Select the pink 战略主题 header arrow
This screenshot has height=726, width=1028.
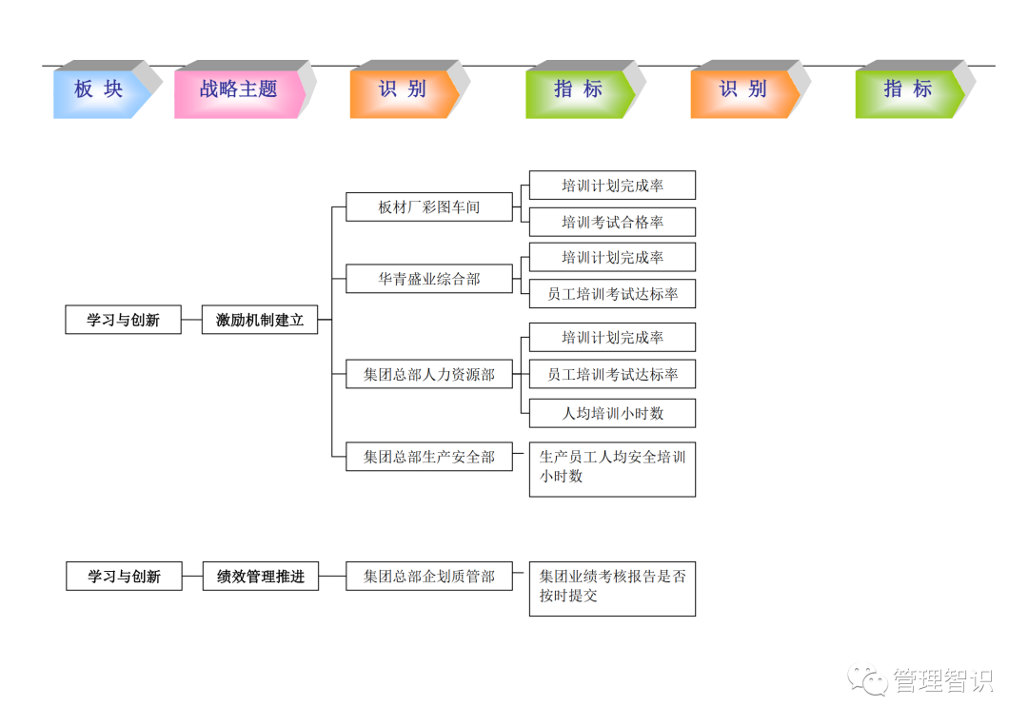238,90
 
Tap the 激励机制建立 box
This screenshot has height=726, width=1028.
260,320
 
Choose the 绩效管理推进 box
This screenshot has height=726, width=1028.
260,576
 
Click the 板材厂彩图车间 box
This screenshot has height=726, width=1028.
428,206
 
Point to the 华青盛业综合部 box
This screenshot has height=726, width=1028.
428,279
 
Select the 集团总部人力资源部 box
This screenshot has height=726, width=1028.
428,374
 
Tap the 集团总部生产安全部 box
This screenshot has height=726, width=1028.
428,457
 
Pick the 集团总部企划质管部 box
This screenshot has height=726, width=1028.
428,576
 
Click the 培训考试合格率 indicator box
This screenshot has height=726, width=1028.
612,222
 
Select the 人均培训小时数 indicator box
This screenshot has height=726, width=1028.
612,413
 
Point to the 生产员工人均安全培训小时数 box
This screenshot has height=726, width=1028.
612,468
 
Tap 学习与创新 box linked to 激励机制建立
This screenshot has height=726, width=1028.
123,320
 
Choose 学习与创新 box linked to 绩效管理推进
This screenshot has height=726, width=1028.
124,576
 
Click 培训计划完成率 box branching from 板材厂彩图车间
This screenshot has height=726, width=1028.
612,186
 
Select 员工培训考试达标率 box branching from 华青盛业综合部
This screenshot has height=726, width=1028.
612,294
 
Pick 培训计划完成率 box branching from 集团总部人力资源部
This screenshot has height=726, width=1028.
612,337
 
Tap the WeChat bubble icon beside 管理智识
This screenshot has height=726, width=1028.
869,679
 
